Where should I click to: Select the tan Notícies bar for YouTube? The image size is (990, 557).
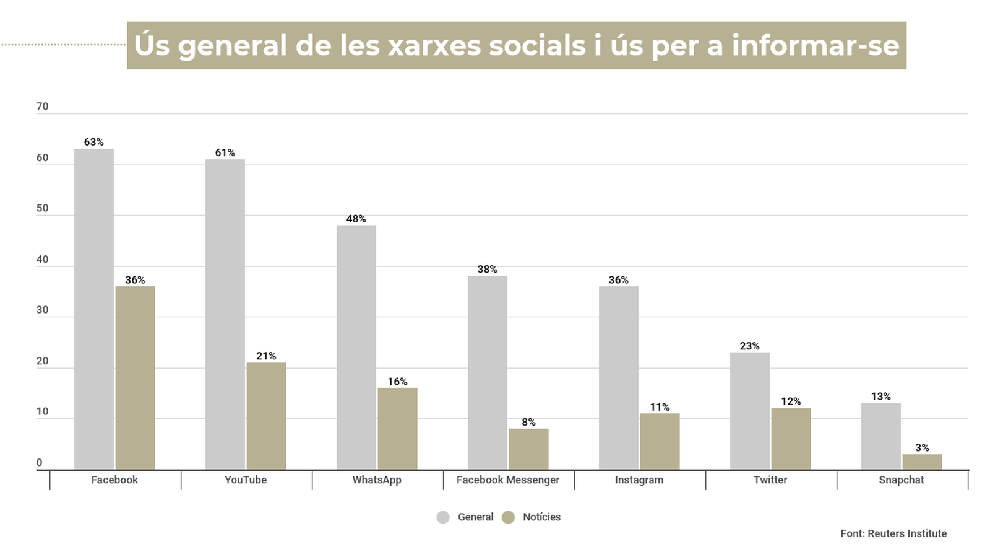tap(266, 416)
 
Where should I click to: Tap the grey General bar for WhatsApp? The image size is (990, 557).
tap(356, 347)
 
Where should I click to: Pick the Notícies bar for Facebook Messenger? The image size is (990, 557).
tap(528, 449)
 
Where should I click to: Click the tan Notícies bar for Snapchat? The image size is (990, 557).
tap(922, 462)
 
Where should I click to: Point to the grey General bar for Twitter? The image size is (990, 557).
tap(749, 411)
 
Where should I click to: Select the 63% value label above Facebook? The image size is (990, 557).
tap(94, 142)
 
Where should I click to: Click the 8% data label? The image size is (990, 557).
tap(528, 422)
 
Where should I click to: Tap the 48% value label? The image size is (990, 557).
tap(356, 219)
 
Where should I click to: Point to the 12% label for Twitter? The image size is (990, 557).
tap(791, 401)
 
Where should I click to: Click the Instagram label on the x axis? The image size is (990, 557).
tap(639, 480)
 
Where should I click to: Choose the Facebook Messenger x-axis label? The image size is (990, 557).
tap(508, 480)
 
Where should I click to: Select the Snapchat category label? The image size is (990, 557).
tap(902, 480)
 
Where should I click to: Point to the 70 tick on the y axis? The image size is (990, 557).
tap(42, 107)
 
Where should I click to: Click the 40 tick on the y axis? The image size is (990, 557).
tap(42, 260)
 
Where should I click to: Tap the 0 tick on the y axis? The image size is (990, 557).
tap(40, 463)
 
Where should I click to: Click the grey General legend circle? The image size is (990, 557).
tap(443, 517)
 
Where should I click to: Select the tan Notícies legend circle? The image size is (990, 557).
tap(508, 517)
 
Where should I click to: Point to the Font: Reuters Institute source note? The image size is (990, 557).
tap(893, 533)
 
